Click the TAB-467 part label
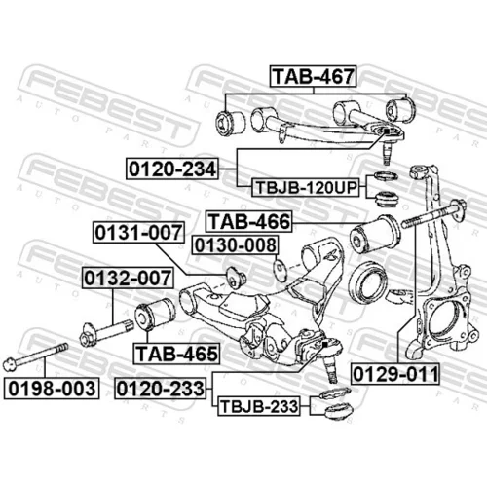pyautogui.click(x=313, y=76)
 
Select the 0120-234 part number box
pyautogui.click(x=172, y=169)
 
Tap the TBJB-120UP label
pyautogui.click(x=306, y=188)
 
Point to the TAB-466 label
pyautogui.click(x=249, y=222)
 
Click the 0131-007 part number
pyautogui.click(x=138, y=232)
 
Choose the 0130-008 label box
pyautogui.click(x=236, y=245)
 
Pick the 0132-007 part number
pyautogui.click(x=128, y=278)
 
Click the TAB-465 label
pyautogui.click(x=176, y=354)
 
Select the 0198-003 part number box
pyautogui.click(x=52, y=389)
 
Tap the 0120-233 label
pyautogui.click(x=161, y=389)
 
